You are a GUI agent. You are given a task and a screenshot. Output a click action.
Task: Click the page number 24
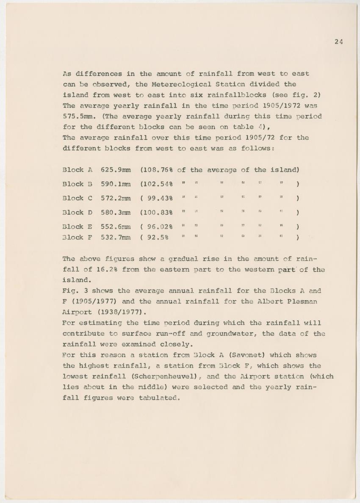(x=338, y=41)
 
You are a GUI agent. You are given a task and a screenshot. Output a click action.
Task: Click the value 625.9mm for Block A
(x=116, y=170)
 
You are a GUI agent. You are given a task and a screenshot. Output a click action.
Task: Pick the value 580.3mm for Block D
(x=116, y=212)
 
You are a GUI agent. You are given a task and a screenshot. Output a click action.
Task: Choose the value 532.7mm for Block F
(x=116, y=238)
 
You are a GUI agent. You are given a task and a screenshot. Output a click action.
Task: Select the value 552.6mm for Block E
(x=116, y=227)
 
